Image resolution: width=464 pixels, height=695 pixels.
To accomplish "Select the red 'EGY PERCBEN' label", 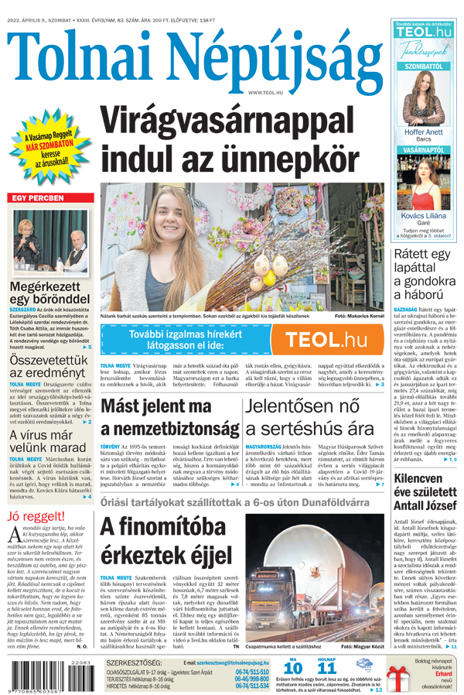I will [x=43, y=198].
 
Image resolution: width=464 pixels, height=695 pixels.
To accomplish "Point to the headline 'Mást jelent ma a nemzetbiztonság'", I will [x=166, y=417].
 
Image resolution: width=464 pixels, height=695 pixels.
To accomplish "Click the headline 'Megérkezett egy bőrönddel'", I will [x=49, y=291].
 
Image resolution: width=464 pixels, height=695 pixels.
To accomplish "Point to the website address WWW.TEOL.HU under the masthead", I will [x=265, y=92].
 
